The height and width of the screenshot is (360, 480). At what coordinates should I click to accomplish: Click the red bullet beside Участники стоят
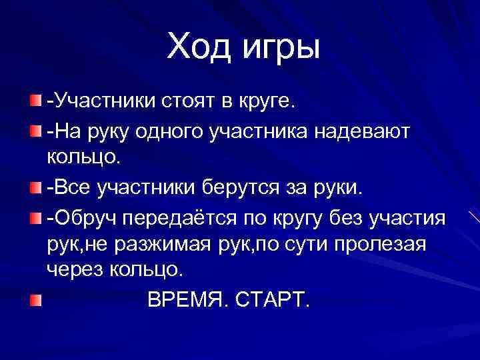coord(35,102)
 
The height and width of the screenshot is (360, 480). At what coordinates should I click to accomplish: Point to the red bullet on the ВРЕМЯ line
coord(35,301)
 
